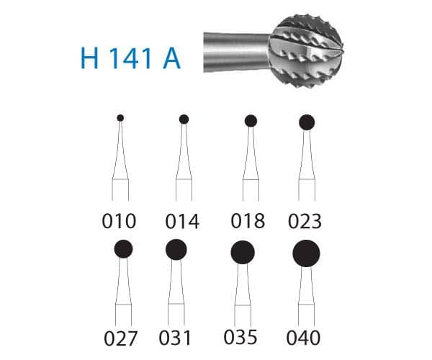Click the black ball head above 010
point(120,117)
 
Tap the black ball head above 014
point(184,119)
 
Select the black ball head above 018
point(251,121)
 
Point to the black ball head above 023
point(307,122)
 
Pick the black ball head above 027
point(123,249)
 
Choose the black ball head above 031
point(176,250)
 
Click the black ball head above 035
point(243,252)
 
